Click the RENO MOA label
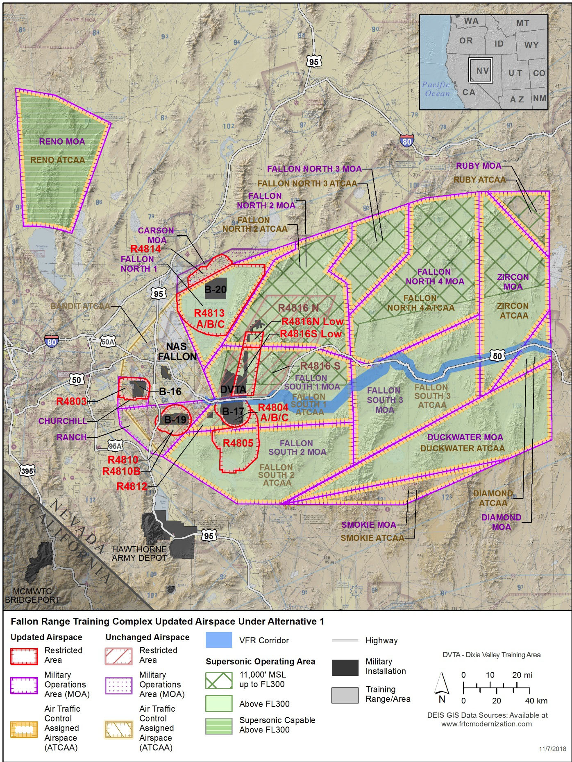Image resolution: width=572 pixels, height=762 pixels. [62, 142]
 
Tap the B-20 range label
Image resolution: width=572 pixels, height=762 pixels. [215, 289]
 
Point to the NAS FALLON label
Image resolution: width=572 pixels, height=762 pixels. [177, 351]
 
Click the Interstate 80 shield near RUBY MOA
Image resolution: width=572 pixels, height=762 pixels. [406, 141]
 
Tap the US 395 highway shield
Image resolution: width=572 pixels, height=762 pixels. [27, 471]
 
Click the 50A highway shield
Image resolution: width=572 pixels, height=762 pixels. [108, 342]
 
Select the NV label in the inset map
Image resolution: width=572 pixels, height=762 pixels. [482, 71]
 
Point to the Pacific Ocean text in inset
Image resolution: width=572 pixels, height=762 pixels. [437, 89]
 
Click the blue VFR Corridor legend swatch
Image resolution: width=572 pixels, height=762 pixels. [219, 640]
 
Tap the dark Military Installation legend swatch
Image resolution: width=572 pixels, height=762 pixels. [345, 667]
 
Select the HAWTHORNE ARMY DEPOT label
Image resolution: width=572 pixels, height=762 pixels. [139, 553]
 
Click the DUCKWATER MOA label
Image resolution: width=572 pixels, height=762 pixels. [465, 437]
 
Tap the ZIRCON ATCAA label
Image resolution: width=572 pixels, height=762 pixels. [513, 311]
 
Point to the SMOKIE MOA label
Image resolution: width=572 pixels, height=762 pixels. [368, 525]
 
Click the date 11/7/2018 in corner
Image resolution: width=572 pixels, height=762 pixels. [552, 748]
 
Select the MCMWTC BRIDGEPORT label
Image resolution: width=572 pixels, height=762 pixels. [32, 595]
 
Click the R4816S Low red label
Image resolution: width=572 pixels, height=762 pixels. [311, 334]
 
